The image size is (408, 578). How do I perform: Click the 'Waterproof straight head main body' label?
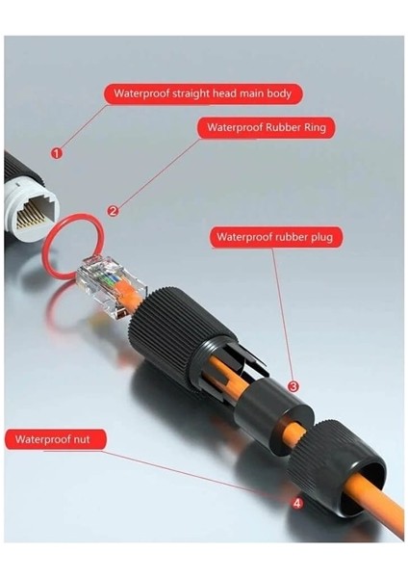pos(203,93)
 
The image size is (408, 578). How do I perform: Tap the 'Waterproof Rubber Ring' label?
pos(270,126)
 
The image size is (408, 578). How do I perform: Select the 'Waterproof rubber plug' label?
pos(278,236)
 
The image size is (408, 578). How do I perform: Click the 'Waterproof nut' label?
pos(57,439)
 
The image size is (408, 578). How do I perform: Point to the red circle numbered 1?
pos(56,152)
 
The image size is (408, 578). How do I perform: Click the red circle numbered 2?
pos(113,210)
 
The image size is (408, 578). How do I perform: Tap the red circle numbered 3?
pos(293,386)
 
